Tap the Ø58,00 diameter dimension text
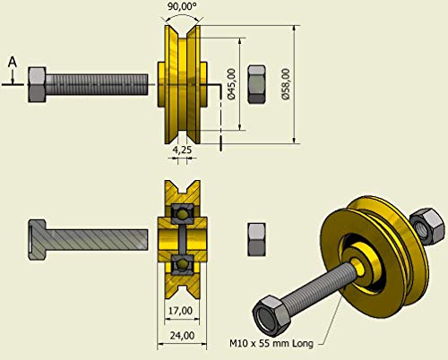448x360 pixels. (286, 86)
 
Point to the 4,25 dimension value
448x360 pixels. (181, 150)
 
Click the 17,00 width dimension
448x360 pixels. (180, 309)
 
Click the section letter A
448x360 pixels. (11, 60)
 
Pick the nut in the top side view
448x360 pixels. (255, 84)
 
